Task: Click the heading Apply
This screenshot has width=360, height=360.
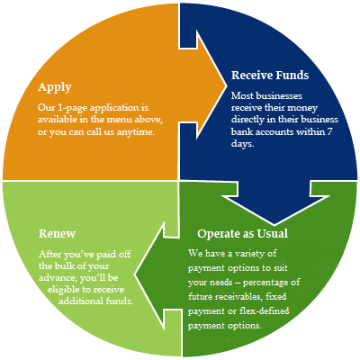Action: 55,87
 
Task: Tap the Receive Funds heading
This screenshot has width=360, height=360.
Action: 270,75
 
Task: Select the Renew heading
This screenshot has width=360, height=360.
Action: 57,234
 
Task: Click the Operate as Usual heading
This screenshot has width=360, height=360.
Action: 242,234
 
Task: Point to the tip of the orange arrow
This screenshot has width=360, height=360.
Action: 226,85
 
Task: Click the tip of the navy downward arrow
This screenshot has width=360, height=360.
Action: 274,225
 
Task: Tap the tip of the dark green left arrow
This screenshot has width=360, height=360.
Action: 134,274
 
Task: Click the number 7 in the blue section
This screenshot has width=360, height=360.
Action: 329,131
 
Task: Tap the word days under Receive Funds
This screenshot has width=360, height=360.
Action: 243,144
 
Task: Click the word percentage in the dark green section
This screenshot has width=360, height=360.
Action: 266,283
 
